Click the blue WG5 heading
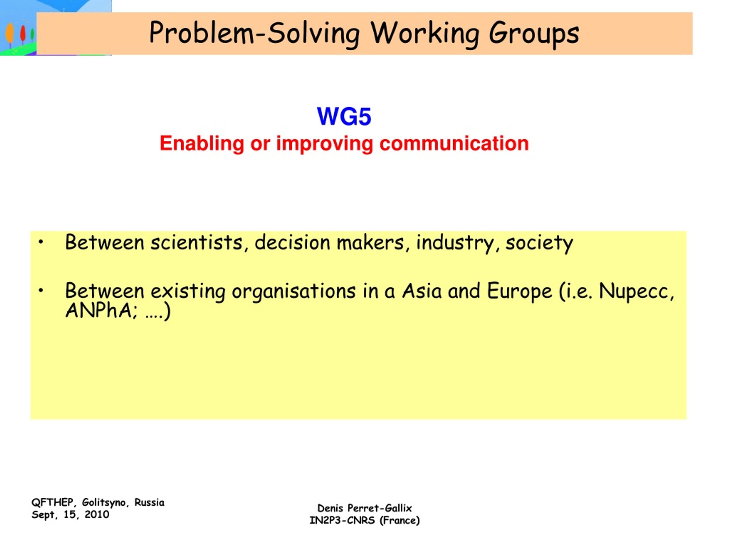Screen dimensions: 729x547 point(344,117)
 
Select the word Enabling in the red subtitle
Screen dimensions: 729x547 point(202,144)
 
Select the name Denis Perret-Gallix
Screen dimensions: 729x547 point(364,508)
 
